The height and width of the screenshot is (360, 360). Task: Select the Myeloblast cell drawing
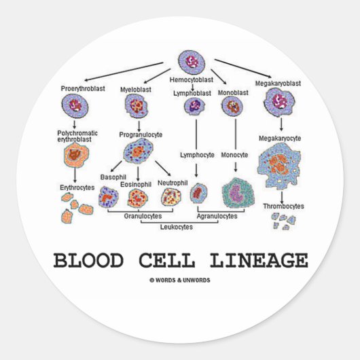tap(135, 105)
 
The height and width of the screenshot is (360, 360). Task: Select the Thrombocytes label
tap(284, 206)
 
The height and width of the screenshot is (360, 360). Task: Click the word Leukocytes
tap(176, 227)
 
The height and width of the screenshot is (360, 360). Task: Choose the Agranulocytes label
tap(217, 215)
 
